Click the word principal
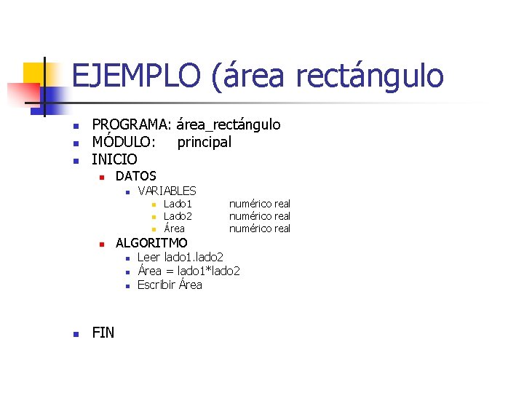pos(205,142)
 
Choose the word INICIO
pos(114,159)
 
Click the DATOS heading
pos(136,176)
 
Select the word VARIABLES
pos(167,191)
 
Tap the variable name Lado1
pos(178,204)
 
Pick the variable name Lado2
pos(178,216)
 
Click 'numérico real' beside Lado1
pos(260,204)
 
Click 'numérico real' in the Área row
pos(260,229)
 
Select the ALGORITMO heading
pos(151,243)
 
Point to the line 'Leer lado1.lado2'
pos(180,257)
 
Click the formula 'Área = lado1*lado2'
pos(188,271)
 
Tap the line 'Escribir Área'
pos(170,285)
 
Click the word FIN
pos(103,333)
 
